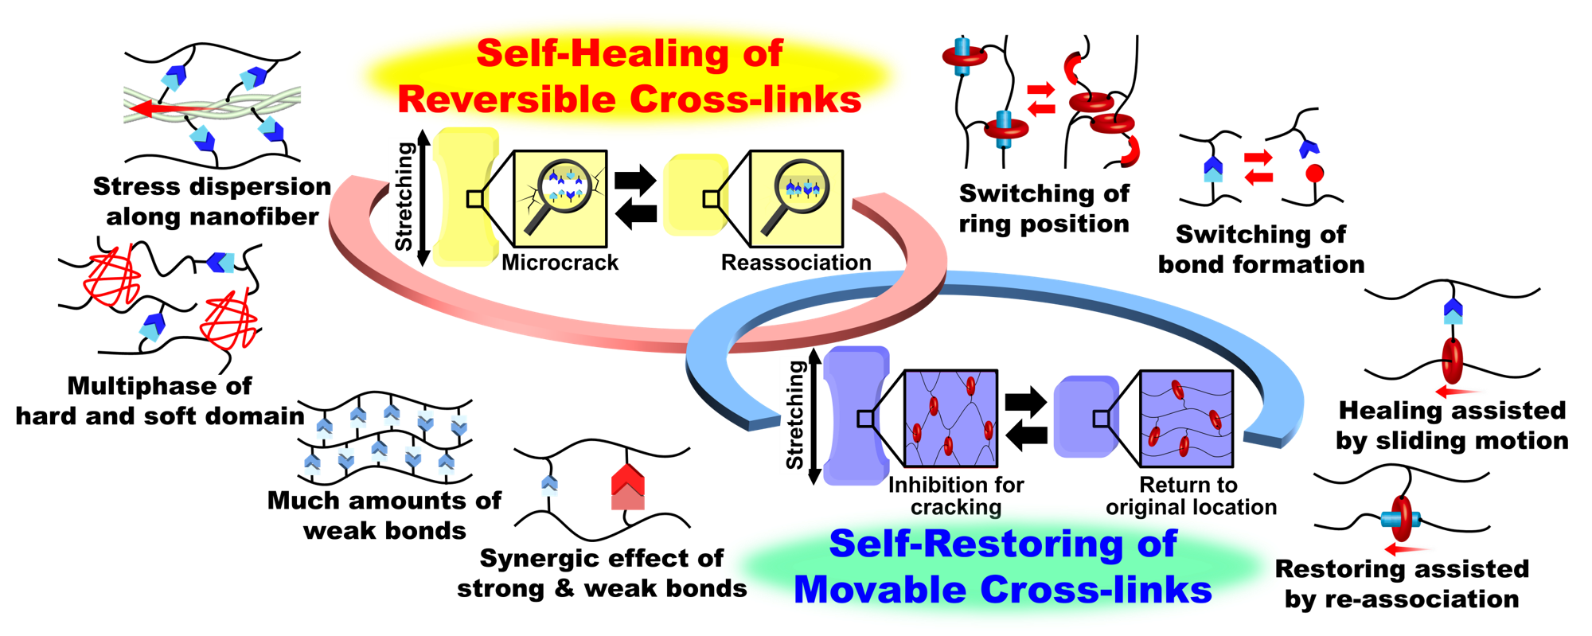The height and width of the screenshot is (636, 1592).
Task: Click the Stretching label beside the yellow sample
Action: tap(404, 196)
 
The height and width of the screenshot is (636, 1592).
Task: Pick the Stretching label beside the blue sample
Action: tap(794, 415)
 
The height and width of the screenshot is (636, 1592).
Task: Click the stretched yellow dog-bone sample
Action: tap(465, 197)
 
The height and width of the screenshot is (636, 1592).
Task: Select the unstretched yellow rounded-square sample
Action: tap(695, 195)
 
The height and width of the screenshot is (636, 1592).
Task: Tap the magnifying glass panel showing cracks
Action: tap(560, 199)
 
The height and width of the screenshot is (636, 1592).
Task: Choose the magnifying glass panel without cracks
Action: tap(796, 198)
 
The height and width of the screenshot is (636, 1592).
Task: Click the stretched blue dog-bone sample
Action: tap(855, 416)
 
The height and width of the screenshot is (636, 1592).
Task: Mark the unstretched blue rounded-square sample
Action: tap(1085, 417)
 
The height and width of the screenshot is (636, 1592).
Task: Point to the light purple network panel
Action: tap(951, 419)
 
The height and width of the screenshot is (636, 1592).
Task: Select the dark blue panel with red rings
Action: tap(1186, 419)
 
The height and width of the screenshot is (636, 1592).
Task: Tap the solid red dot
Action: tap(1314, 174)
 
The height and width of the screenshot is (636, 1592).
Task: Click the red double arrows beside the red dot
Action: tap(1258, 167)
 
